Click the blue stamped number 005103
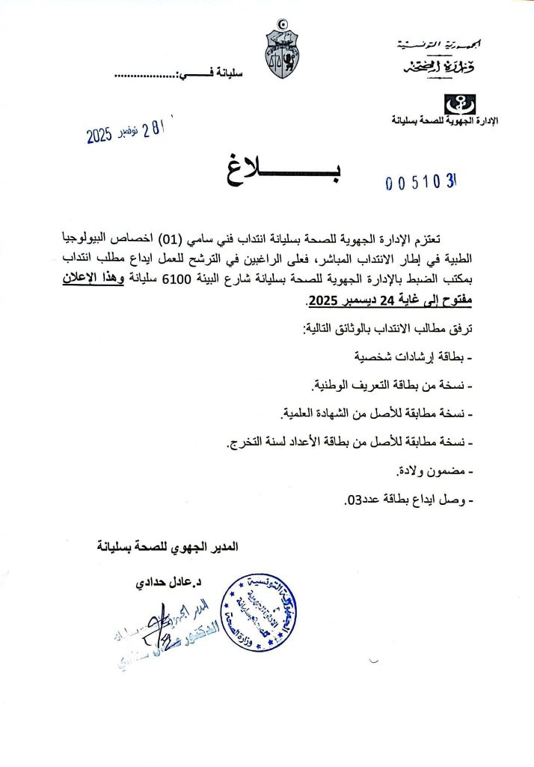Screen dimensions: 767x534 (421, 183)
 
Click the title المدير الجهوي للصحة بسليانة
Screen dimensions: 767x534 (168, 546)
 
